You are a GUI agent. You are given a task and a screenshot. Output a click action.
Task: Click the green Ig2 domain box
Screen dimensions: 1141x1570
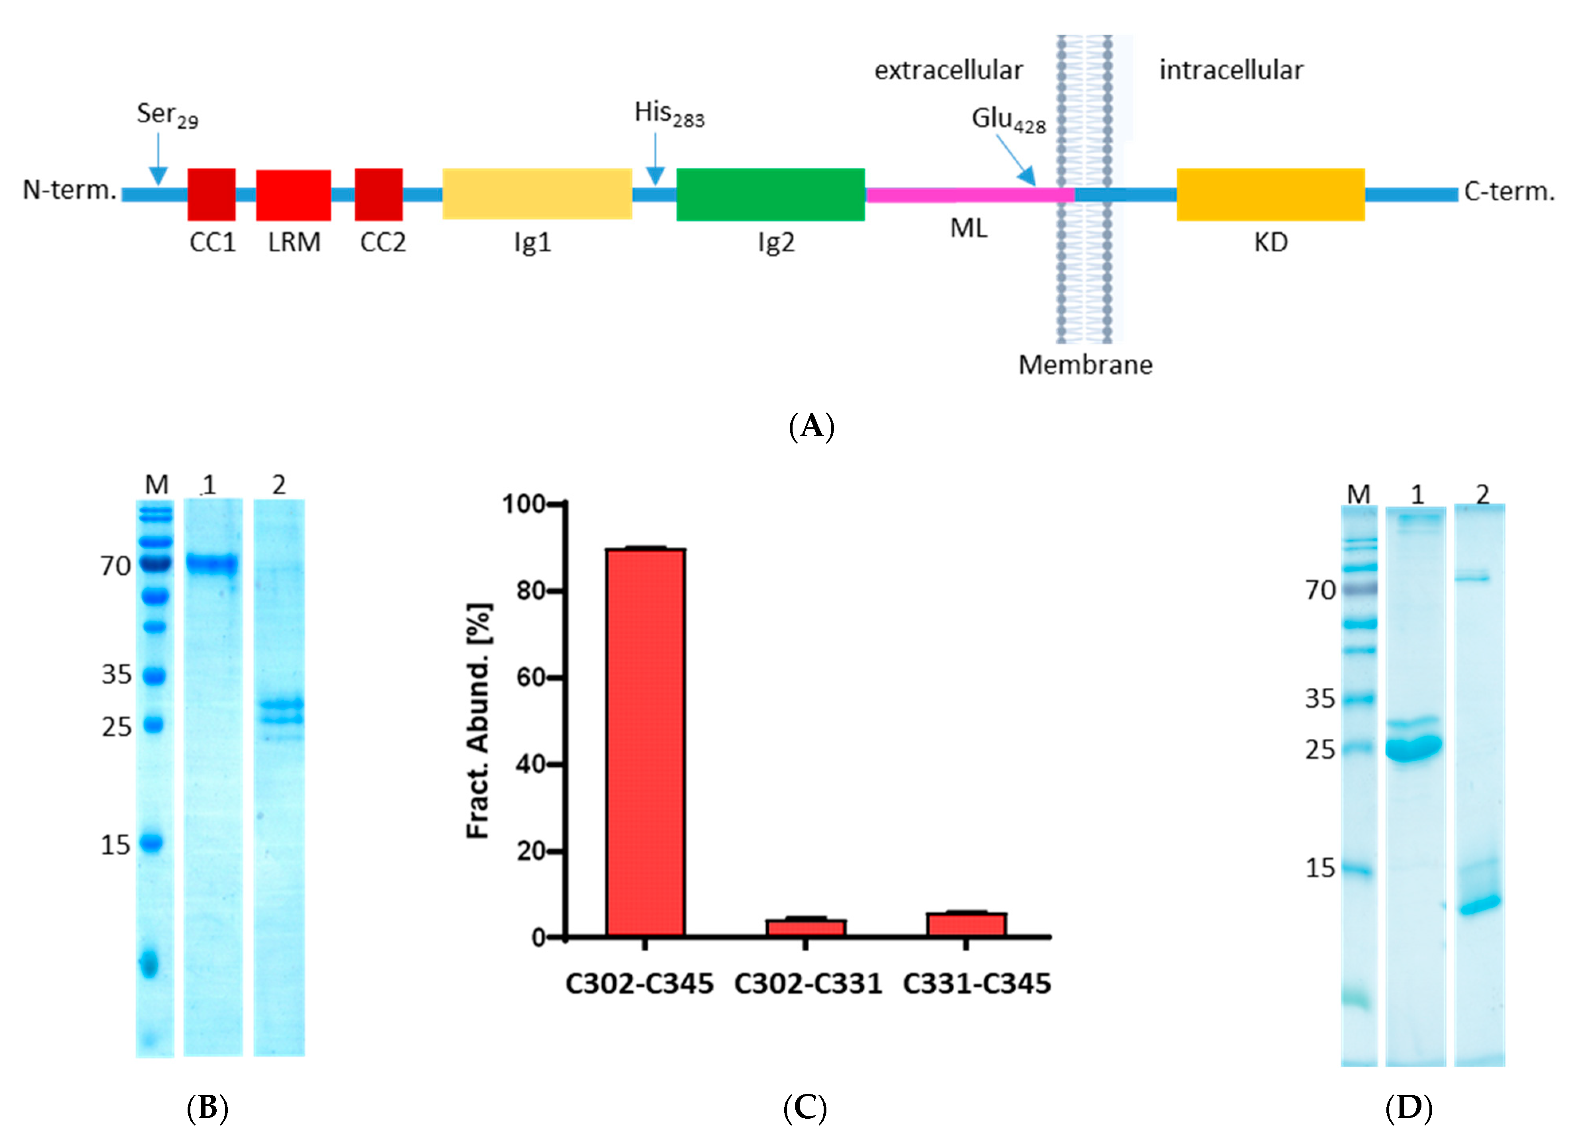click(770, 195)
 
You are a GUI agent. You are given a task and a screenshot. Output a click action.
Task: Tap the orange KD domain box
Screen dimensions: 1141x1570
click(1270, 195)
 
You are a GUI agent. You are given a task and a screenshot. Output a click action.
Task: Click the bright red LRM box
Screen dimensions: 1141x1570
click(294, 195)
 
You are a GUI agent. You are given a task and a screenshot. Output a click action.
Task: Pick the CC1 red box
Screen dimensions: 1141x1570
click(211, 195)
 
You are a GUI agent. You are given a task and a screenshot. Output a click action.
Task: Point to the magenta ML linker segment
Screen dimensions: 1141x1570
click(969, 195)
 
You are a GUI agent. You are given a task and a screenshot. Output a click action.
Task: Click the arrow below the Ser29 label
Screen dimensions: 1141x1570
click(159, 159)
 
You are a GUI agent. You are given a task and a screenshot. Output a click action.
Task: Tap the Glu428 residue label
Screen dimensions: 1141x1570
click(1008, 120)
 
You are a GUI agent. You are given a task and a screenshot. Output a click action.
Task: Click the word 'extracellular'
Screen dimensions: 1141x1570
click(947, 70)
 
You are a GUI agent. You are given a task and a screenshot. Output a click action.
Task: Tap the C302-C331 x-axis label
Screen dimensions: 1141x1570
click(807, 984)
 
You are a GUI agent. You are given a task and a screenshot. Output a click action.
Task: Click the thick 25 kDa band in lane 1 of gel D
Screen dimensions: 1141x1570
click(1415, 748)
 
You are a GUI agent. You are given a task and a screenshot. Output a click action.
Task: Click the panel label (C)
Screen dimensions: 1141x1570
click(805, 1108)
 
